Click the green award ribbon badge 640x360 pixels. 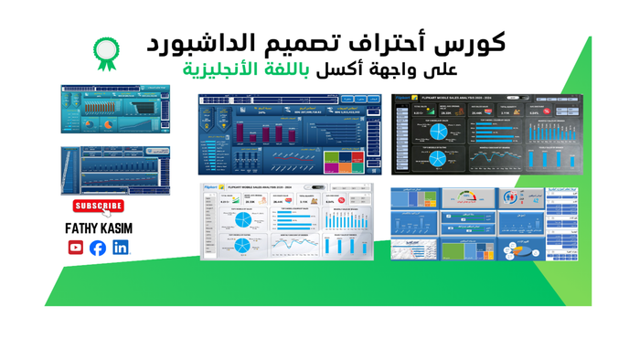(x=106, y=52)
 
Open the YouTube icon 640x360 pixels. (x=76, y=248)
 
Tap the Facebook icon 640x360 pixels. (x=98, y=248)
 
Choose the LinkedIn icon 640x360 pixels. (x=120, y=248)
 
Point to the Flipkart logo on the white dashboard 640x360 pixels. (x=213, y=186)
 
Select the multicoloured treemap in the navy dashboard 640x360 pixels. (x=344, y=162)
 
